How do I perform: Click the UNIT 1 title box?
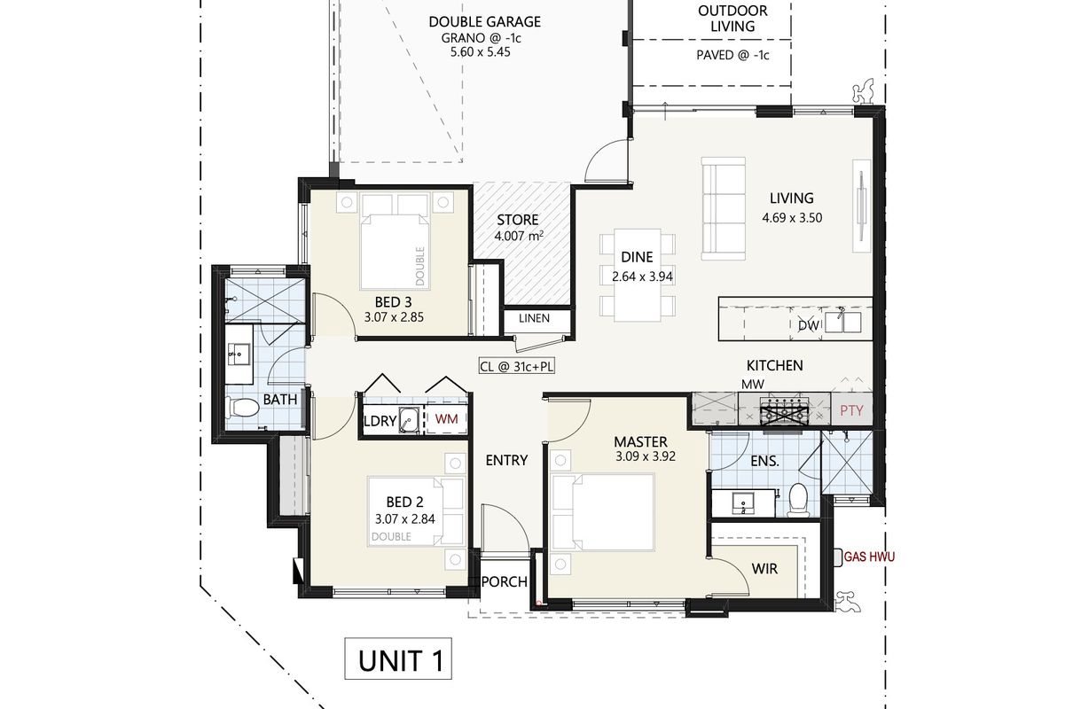398,658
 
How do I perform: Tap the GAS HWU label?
869,557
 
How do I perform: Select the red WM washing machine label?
446,418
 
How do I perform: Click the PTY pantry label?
851,410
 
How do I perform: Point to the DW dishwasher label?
809,326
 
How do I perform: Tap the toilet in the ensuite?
799,500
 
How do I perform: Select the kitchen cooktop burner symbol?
785,409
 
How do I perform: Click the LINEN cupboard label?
534,318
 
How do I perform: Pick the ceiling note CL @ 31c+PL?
517,367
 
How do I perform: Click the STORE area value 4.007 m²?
519,237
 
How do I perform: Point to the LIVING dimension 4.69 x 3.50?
792,217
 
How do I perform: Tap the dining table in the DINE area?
637,275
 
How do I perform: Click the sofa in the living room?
724,208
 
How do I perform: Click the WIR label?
765,569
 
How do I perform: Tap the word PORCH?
505,582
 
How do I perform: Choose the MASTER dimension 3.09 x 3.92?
646,456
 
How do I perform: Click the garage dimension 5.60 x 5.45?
480,52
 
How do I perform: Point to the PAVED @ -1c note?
732,56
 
